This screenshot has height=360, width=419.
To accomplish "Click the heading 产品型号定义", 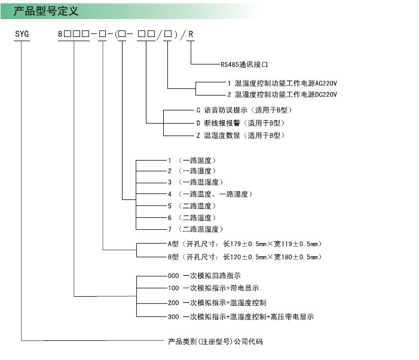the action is tap(46, 11).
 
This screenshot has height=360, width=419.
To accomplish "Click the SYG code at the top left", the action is tap(22, 34).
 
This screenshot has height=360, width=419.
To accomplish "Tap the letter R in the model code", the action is tap(191, 34).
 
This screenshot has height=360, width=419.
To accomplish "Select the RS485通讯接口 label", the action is tap(244, 64).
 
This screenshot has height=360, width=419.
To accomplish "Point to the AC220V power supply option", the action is tap(282, 83).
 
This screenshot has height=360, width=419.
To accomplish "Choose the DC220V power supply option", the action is tap(282, 94).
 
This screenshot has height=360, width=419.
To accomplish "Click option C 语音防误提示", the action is tap(244, 110).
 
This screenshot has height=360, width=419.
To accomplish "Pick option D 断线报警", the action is tap(240, 123).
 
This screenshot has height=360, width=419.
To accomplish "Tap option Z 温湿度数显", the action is tap(240, 136).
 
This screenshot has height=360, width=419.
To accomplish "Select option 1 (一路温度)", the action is tap(192, 161).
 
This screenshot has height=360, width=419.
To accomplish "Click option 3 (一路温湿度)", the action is tap(195, 182).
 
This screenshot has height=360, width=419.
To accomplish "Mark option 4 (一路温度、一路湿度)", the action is tap(210, 194).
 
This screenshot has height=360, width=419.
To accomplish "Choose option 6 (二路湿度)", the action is tap(192, 218).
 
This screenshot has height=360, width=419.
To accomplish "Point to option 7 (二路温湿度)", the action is tap(195, 229).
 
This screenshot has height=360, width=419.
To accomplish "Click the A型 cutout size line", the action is tap(245, 244).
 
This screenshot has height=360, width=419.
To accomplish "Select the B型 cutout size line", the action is tap(245, 257).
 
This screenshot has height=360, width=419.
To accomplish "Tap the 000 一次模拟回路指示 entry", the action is tap(204, 276).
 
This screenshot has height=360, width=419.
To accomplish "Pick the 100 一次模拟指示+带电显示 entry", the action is tap(213, 288).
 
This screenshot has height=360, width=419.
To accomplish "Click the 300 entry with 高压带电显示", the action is tap(241, 317).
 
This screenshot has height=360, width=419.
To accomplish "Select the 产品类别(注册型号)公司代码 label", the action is tap(215, 341).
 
